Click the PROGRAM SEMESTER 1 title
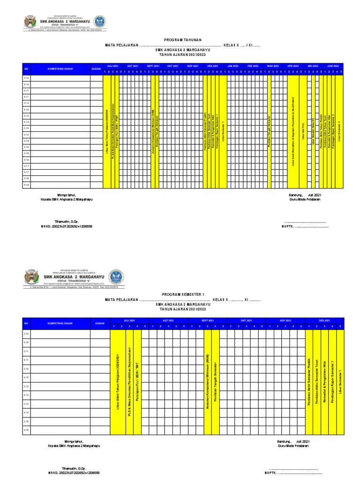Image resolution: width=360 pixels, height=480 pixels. (180, 294)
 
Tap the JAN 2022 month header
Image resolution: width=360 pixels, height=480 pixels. (233, 66)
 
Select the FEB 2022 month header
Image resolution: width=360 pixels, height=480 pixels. (253, 66)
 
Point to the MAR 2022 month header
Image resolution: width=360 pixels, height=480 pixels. (273, 66)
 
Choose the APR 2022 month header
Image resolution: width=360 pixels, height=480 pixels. (293, 66)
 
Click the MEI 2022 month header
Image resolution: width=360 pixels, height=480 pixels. (313, 66)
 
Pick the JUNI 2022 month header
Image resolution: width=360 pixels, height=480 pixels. (333, 66)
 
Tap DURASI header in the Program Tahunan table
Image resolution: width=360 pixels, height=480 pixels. (96, 68)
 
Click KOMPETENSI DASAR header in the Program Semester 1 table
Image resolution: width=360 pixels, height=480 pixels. (60, 323)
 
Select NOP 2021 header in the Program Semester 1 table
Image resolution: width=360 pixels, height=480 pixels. (285, 321)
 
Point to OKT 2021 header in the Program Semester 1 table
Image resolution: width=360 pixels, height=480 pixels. (247, 321)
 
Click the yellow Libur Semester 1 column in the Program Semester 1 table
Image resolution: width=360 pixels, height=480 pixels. (340, 382)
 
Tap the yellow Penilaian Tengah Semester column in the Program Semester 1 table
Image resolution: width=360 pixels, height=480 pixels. (215, 382)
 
